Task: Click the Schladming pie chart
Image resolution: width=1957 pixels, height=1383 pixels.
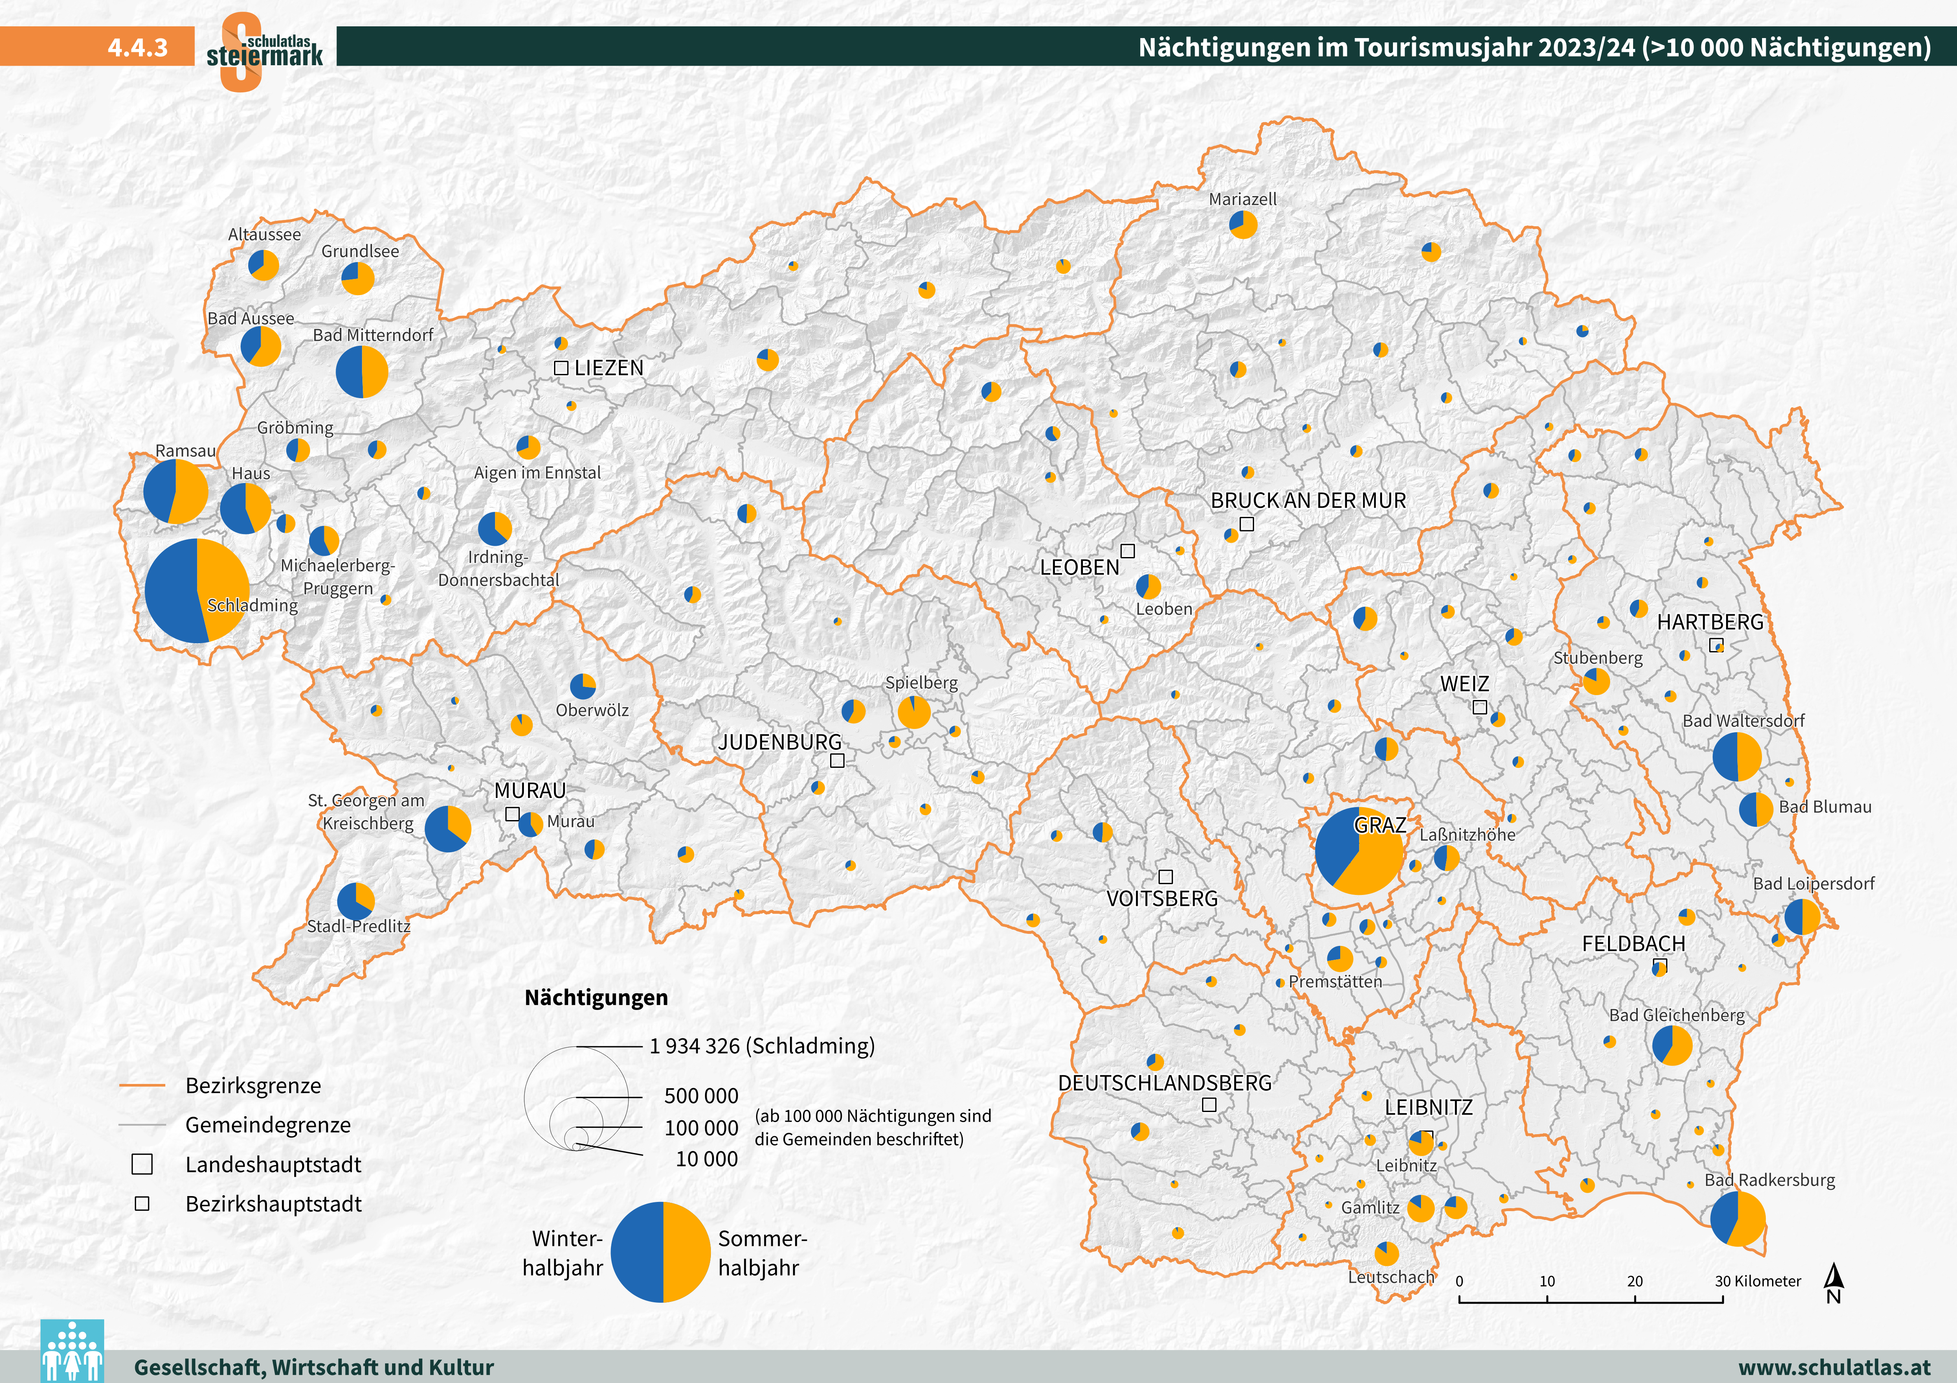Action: coord(197,591)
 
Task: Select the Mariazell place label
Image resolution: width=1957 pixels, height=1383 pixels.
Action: coord(1243,199)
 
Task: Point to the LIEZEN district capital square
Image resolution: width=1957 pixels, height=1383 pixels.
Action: coord(561,368)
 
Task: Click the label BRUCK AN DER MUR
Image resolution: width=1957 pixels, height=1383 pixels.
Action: coord(1308,500)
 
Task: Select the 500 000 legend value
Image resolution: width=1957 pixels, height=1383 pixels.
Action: coord(700,1096)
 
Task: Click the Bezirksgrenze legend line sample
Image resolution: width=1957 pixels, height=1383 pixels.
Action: coord(141,1086)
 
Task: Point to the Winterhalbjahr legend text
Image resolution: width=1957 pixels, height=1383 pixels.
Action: coord(562,1253)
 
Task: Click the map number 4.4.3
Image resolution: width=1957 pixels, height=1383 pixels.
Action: coord(137,47)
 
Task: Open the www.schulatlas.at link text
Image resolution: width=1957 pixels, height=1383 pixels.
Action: coord(1834,1367)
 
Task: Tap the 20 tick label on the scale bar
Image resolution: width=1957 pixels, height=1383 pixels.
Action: coord(1634,1281)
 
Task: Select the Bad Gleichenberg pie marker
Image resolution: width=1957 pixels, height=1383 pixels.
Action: coord(1672,1045)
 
